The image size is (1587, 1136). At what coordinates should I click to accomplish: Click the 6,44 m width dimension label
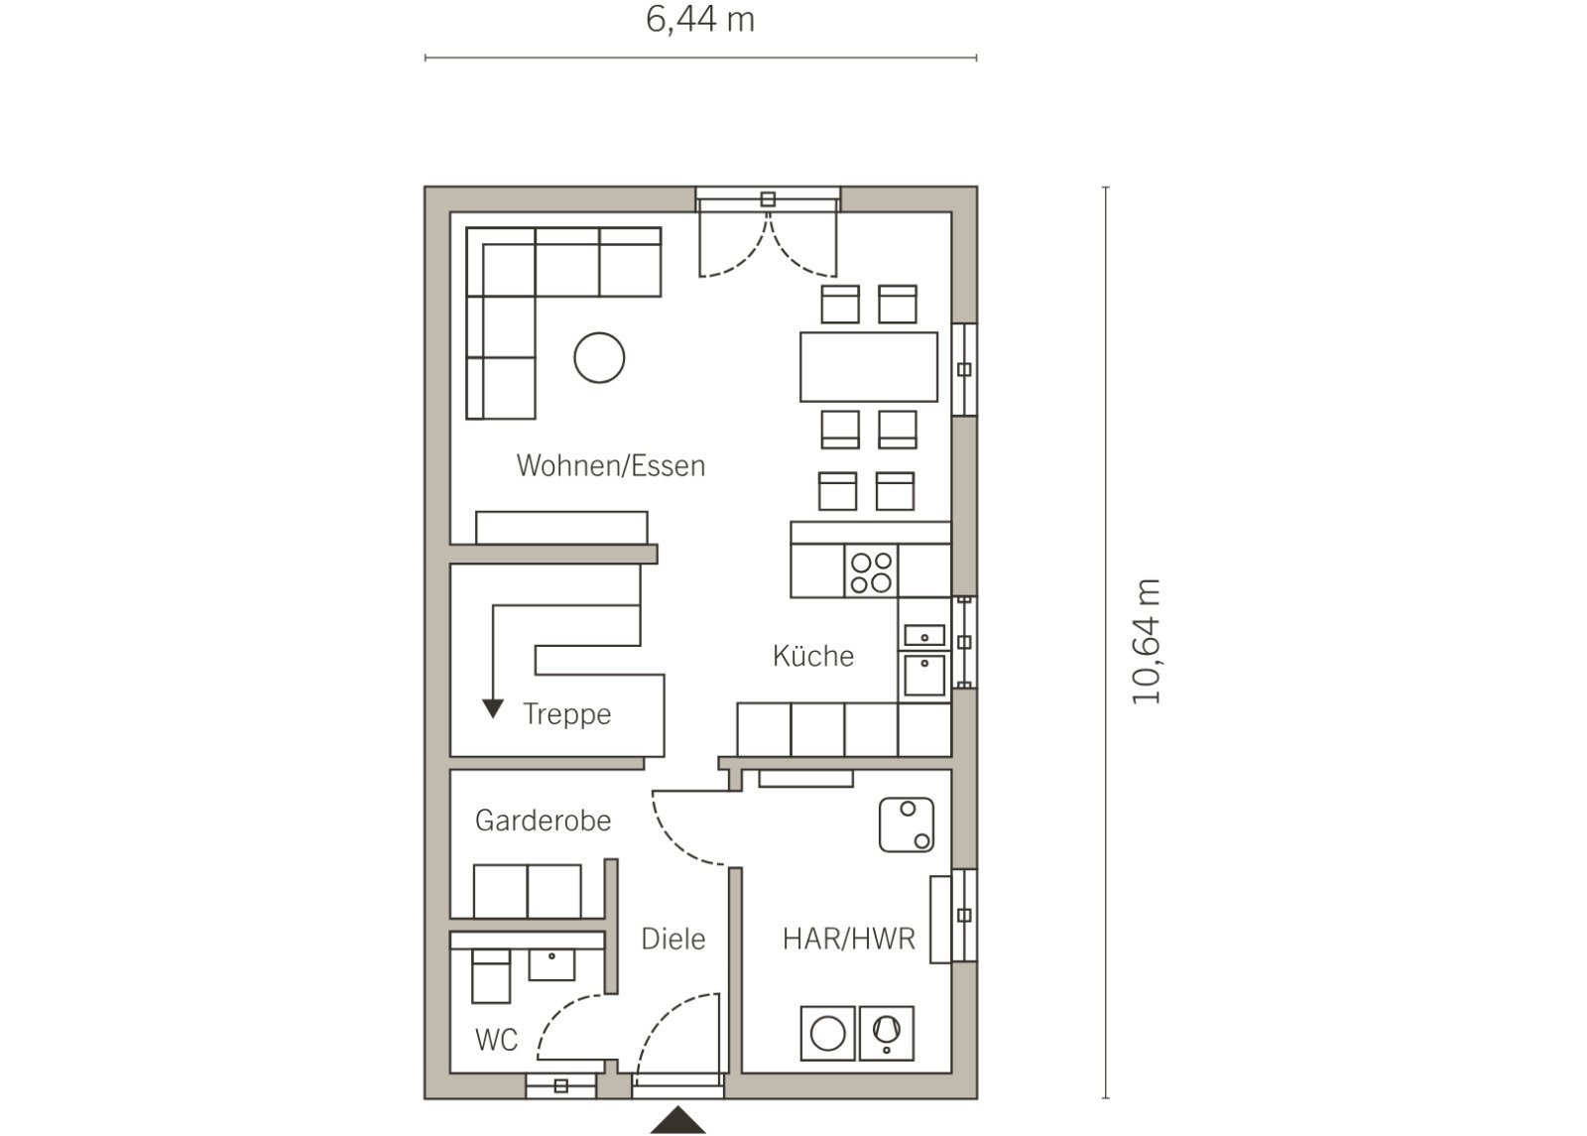[700, 20]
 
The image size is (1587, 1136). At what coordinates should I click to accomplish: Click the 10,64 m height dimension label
[1145, 642]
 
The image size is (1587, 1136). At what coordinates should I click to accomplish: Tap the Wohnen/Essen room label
[611, 465]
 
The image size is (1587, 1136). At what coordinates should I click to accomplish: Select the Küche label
[813, 656]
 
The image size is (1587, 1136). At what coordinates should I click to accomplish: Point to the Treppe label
[566, 714]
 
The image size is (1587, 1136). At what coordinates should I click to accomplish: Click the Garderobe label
[543, 820]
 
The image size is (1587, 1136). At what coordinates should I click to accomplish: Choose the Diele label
[673, 939]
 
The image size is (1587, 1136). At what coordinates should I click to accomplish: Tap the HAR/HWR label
[849, 939]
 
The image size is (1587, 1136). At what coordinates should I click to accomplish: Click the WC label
[496, 1040]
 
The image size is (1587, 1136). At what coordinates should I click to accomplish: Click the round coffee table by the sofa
[599, 358]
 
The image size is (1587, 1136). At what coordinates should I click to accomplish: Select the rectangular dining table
[869, 366]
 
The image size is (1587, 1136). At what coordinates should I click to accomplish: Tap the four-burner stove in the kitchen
[872, 572]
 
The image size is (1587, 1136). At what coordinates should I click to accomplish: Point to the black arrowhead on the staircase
[492, 708]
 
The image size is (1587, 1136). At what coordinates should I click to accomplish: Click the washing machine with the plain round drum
[827, 1033]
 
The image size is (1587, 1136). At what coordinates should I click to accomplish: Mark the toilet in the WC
[490, 976]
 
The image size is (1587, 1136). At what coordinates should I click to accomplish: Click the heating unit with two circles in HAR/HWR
[907, 824]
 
